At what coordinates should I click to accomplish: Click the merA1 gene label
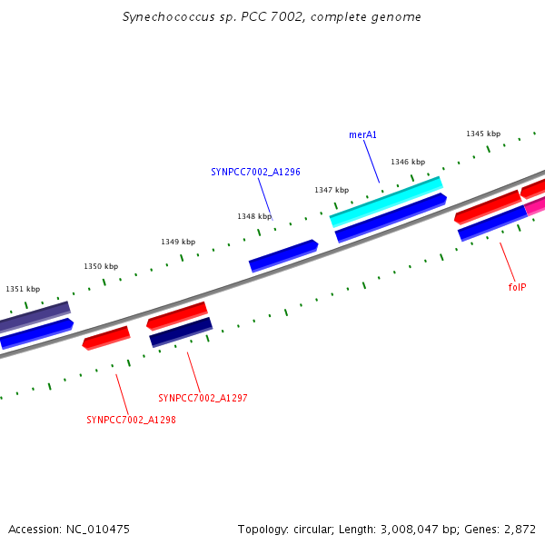coord(362,134)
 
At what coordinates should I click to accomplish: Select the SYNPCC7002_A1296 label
coord(255,171)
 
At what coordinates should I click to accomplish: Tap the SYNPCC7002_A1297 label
coord(203,398)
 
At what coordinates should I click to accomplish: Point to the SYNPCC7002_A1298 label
coord(131,420)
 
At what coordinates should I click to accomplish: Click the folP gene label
coord(517,287)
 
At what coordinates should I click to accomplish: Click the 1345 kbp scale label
coord(483,134)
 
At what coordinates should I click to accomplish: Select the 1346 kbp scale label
coord(408,162)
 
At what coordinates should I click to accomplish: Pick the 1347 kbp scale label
coord(332,190)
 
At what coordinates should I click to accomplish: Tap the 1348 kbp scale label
coord(254,216)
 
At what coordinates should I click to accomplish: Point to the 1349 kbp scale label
coord(178,242)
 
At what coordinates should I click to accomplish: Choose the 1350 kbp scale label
coord(101,266)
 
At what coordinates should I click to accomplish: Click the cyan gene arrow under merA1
coord(386,202)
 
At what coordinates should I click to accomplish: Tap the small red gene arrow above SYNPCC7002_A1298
coord(106,339)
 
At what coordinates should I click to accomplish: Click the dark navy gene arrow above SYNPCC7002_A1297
coord(181,332)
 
